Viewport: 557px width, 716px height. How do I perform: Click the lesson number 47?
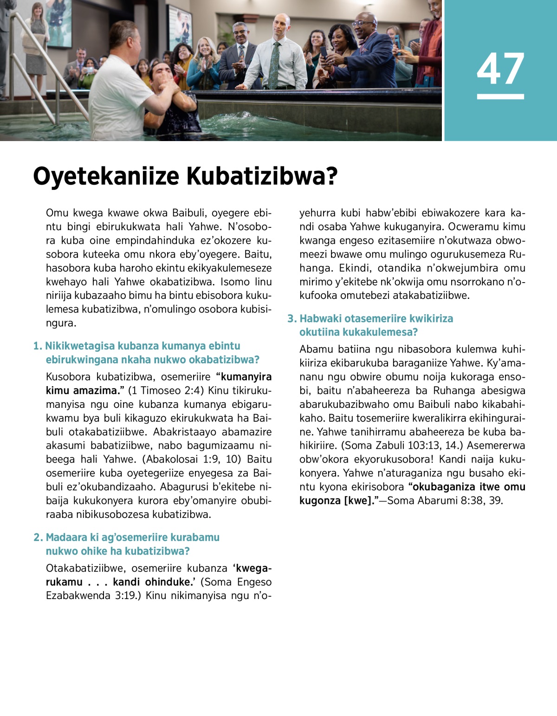tap(500, 69)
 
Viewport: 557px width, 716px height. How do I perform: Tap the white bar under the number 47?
tap(500, 97)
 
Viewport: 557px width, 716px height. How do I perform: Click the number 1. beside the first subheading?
tap(38, 346)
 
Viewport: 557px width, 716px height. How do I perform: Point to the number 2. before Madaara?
tap(38, 537)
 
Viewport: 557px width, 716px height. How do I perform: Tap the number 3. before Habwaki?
tap(291, 319)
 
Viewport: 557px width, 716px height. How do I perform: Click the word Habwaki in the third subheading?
tap(321, 319)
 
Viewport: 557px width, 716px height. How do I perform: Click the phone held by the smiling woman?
tap(324, 51)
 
